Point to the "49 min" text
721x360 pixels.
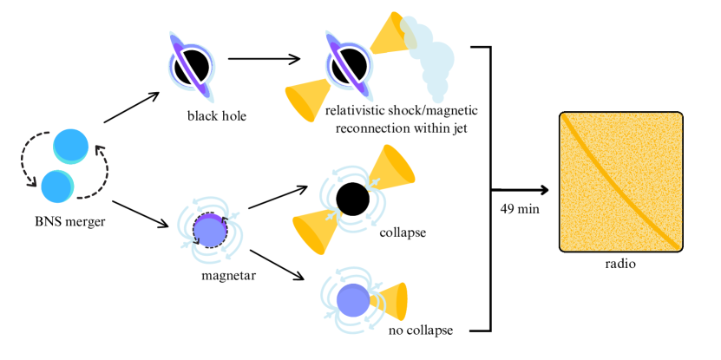pos(518,208)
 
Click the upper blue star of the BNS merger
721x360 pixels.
pos(70,146)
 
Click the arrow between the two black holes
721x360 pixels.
pos(264,59)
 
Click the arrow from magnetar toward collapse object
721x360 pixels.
pos(278,197)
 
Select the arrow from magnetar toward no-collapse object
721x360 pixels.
pos(278,265)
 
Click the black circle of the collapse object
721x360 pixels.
pos(353,200)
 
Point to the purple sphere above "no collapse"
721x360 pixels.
pos(353,298)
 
